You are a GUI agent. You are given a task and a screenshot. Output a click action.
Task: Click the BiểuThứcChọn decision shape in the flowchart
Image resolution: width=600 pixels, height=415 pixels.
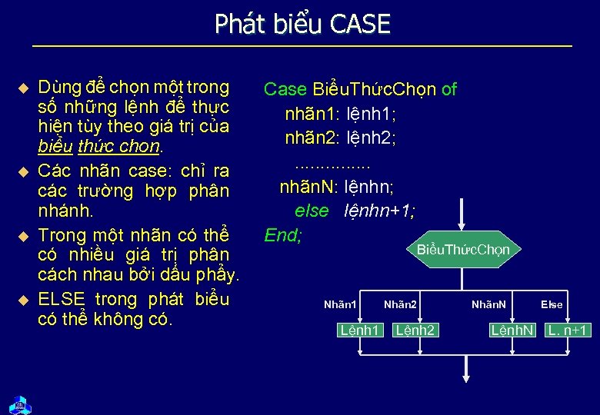pyautogui.click(x=463, y=250)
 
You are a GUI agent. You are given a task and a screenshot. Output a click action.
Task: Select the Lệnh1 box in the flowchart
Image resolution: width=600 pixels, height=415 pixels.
pyautogui.click(x=359, y=330)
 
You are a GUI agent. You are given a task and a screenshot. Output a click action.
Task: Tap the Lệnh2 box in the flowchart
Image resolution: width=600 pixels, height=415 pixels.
pyautogui.click(x=415, y=330)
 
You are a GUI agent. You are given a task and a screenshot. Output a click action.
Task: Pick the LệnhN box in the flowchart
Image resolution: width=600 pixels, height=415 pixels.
pyautogui.click(x=512, y=330)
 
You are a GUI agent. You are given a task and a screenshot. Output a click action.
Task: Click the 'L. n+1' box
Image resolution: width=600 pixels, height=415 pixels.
pyautogui.click(x=568, y=330)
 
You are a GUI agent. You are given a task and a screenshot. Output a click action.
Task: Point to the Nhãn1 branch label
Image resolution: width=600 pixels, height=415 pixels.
pyautogui.click(x=340, y=304)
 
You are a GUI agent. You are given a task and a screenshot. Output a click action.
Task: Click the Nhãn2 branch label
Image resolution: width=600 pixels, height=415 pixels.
pyautogui.click(x=400, y=304)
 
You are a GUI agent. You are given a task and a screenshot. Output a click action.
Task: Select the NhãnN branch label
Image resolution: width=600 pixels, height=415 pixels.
pyautogui.click(x=489, y=304)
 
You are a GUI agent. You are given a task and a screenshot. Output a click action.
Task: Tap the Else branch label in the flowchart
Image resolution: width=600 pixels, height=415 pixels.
pyautogui.click(x=552, y=304)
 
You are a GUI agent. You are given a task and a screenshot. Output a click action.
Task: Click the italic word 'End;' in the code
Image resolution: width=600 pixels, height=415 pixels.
pyautogui.click(x=283, y=235)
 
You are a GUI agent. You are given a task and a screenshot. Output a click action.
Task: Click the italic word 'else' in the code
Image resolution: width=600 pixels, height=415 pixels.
pyautogui.click(x=312, y=211)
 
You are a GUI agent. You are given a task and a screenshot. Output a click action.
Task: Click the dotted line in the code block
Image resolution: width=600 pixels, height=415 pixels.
pyautogui.click(x=332, y=163)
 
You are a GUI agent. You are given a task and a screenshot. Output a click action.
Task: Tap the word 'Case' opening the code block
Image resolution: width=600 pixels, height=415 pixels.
pyautogui.click(x=285, y=89)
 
